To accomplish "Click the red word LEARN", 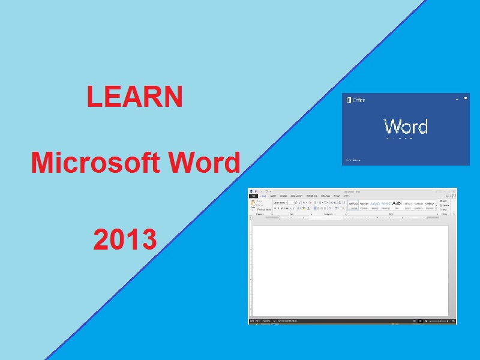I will tap(134, 97).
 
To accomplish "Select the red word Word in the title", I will tap(204, 163).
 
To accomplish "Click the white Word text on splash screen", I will tap(406, 127).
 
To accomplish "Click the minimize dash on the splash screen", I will tap(457, 98).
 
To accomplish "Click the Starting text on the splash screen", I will tap(352, 160).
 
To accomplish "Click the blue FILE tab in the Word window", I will tap(254, 196).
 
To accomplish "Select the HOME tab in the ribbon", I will tap(263, 196).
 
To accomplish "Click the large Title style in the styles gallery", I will tap(397, 204).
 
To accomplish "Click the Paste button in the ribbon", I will tap(253, 205).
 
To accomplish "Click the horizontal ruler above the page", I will tap(348, 218).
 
